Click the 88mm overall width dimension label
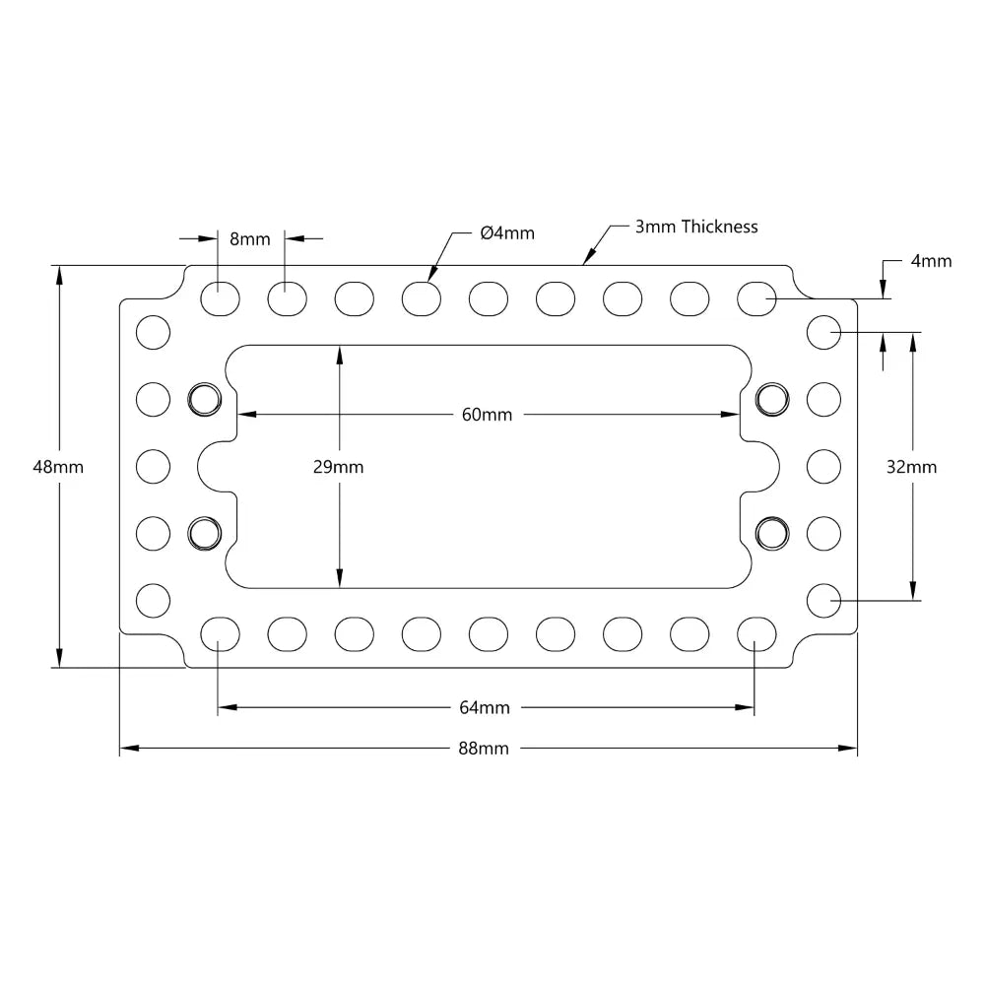coord(484,749)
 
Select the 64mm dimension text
coord(484,707)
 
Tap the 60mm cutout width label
coord(487,415)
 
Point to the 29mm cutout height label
coord(338,467)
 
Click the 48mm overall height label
coord(58,467)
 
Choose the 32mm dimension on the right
coord(911,467)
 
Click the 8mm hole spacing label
coord(249,238)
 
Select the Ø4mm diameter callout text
coord(507,233)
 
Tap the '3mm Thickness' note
coord(695,227)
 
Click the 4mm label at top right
coord(931,261)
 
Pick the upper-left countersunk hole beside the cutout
coord(204,399)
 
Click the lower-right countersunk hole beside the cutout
coord(772,533)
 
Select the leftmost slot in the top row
coord(220,297)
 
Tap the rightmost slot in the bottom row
coord(755,633)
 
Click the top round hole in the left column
coord(153,332)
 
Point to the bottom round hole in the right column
coord(823,599)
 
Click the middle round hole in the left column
coord(153,466)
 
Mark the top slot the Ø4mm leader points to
coord(421,297)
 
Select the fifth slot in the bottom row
coord(488,633)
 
